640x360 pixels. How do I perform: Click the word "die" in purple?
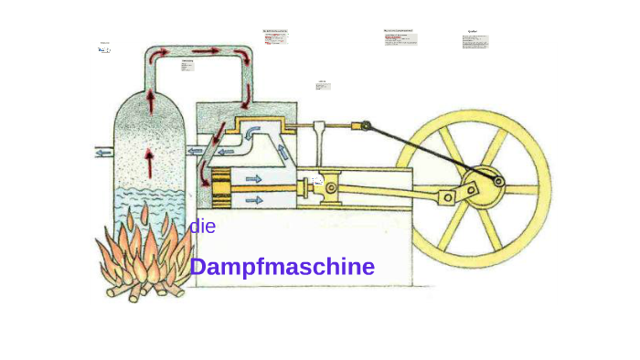coord(202,227)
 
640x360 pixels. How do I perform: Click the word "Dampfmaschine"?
coord(282,267)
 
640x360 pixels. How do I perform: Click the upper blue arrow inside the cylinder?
coord(253,178)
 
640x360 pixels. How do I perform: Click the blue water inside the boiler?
coord(148,206)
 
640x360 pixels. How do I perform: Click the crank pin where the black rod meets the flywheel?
coord(498,181)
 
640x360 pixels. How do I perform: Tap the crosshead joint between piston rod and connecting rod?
coord(329,187)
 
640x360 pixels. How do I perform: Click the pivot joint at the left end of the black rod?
coord(365,126)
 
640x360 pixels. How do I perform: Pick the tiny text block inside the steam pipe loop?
coord(187,66)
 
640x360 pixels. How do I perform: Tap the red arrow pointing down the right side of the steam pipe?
coord(246,91)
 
